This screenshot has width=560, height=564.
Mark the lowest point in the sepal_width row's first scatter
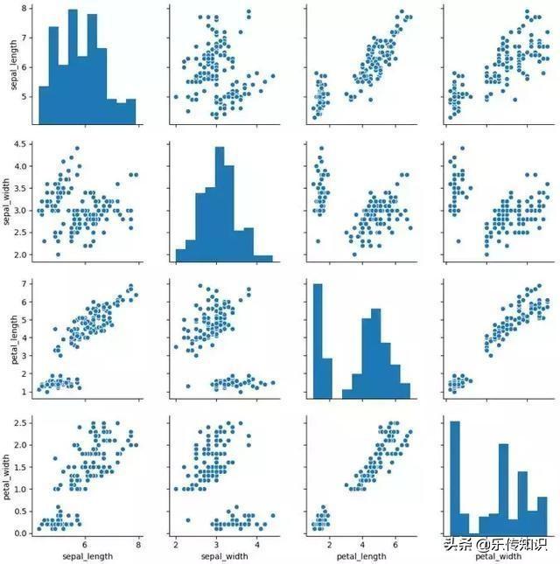59,254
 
